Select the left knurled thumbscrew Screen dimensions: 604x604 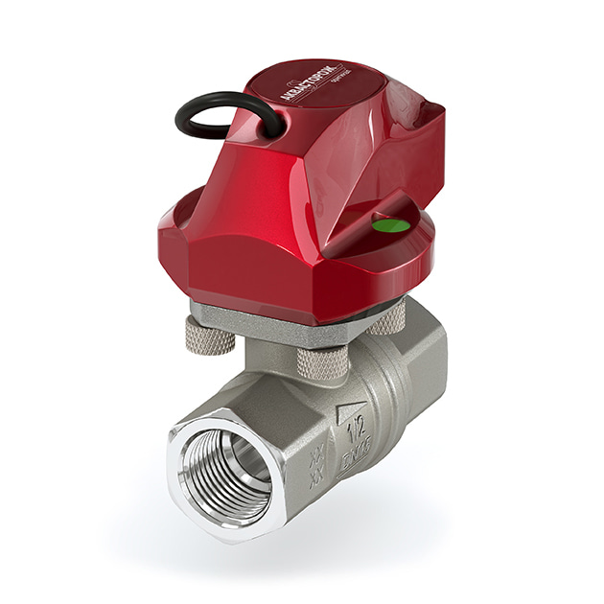[x=206, y=334]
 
